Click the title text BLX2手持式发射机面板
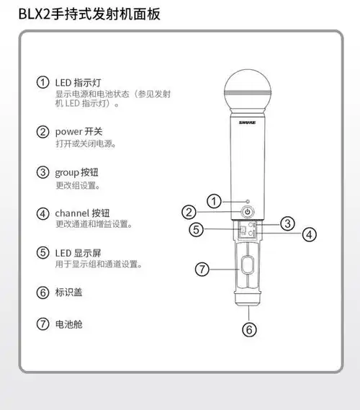click(89, 14)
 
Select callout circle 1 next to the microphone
click(213, 200)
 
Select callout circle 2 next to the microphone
click(188, 212)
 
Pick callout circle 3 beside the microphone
click(287, 223)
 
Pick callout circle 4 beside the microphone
click(308, 234)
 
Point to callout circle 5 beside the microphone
click(197, 230)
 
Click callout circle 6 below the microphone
click(248, 330)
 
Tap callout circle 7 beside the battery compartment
click(202, 269)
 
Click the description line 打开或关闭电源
click(86, 144)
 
